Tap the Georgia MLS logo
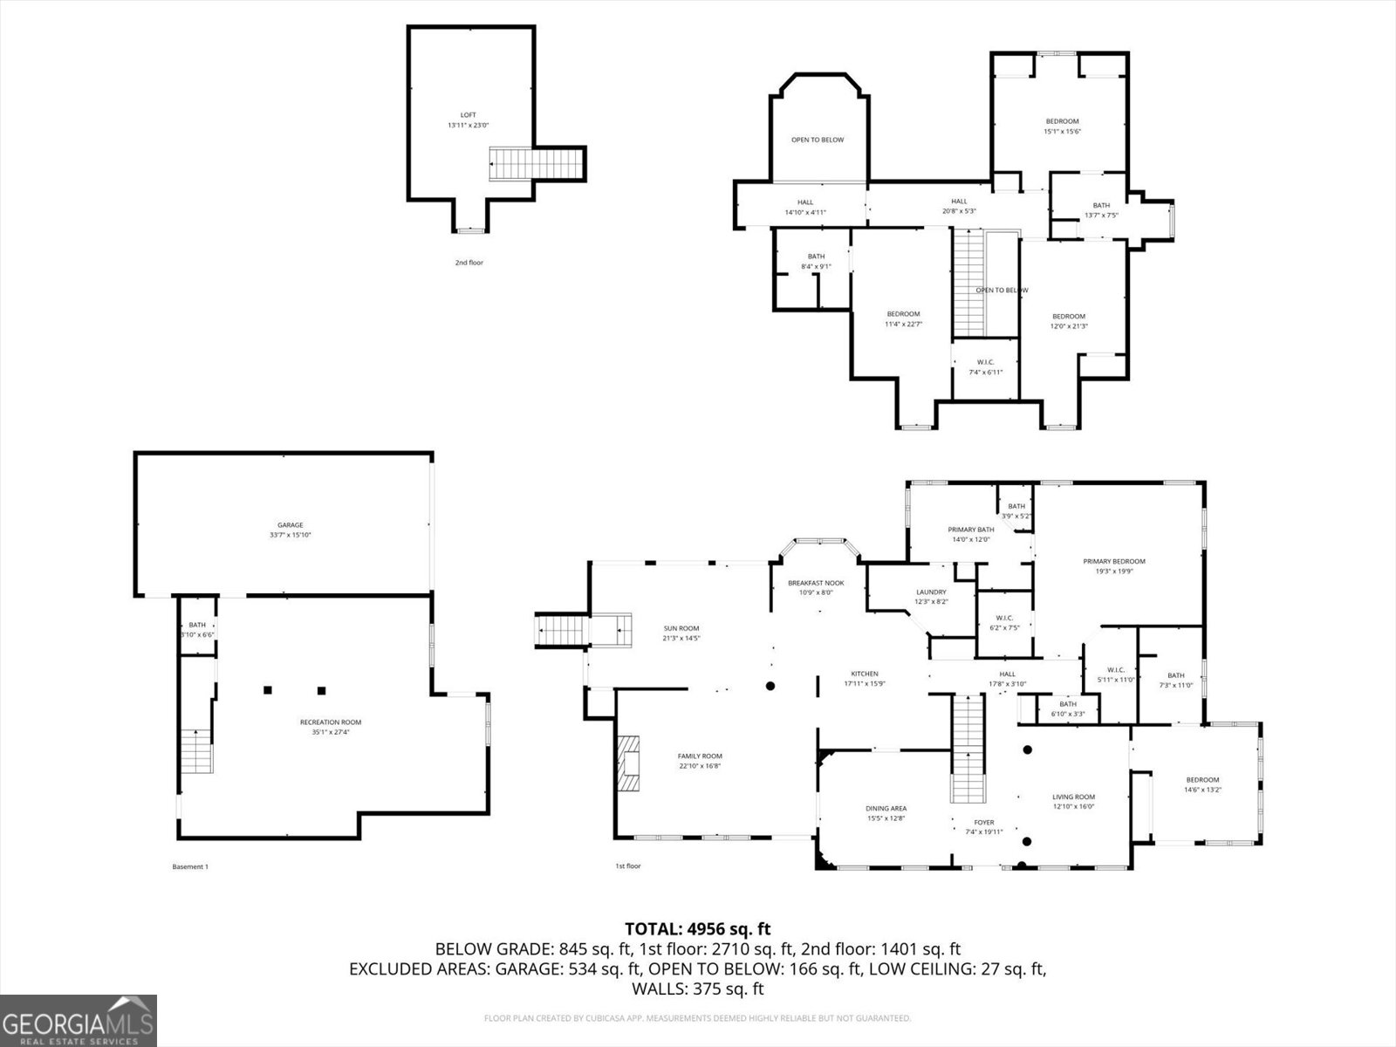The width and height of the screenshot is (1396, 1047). coord(79,1020)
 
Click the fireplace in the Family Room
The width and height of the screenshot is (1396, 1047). coord(629,763)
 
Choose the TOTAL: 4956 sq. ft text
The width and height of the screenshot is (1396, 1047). coord(697,928)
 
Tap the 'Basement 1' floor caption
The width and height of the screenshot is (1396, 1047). coord(191,866)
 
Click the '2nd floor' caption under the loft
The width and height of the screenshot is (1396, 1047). coord(469,262)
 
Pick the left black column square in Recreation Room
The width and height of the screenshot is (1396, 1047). coord(268,690)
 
